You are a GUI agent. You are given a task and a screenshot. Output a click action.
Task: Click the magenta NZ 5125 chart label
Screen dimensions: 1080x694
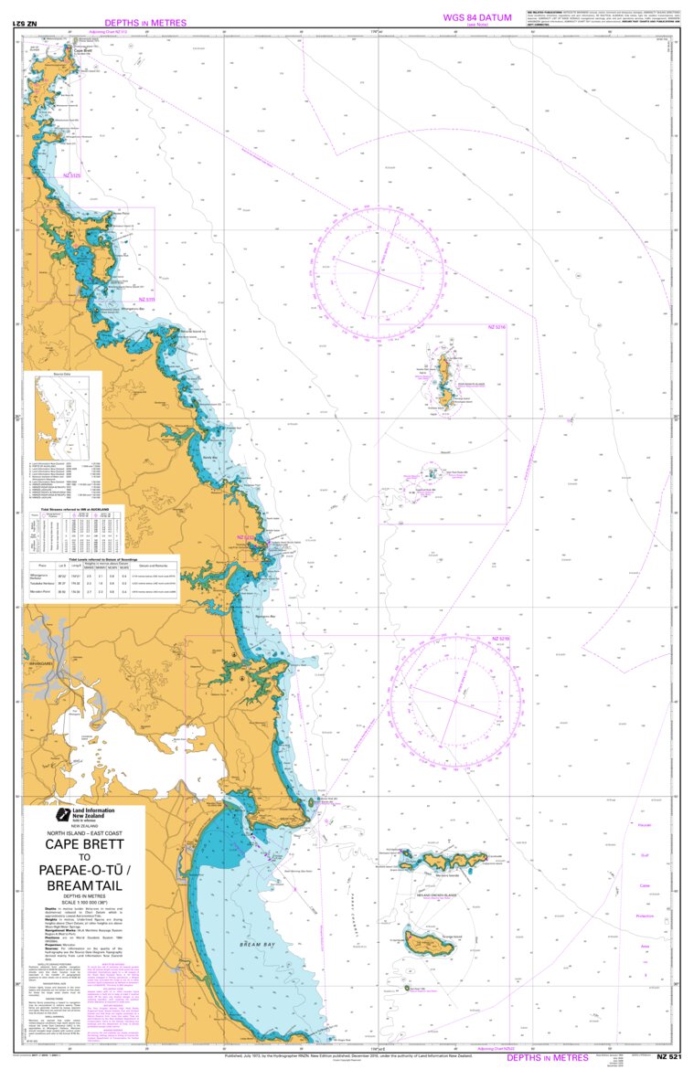click(x=71, y=175)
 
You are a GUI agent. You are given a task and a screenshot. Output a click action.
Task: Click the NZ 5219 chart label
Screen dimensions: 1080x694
click(x=500, y=639)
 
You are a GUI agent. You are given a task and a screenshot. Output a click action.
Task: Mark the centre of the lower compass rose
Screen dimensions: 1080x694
click(x=457, y=701)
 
